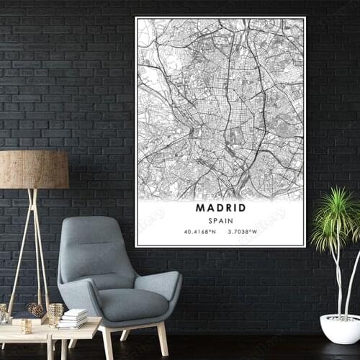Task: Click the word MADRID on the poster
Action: tap(220, 207)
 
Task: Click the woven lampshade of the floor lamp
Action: tap(34, 170)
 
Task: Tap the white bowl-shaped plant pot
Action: tap(340, 328)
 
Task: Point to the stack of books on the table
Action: tap(74, 318)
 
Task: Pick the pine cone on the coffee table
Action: tap(35, 310)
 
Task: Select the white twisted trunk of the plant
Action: tap(338, 281)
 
